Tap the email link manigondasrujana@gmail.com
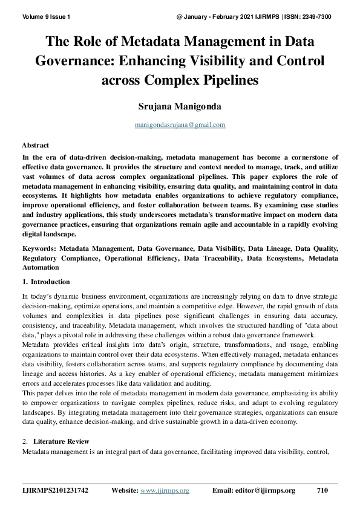[x=180, y=125]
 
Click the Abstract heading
[x=36, y=146]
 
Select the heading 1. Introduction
[x=46, y=282]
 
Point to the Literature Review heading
[x=61, y=441]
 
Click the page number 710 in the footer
[x=322, y=491]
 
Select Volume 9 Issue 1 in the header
[x=45, y=16]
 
